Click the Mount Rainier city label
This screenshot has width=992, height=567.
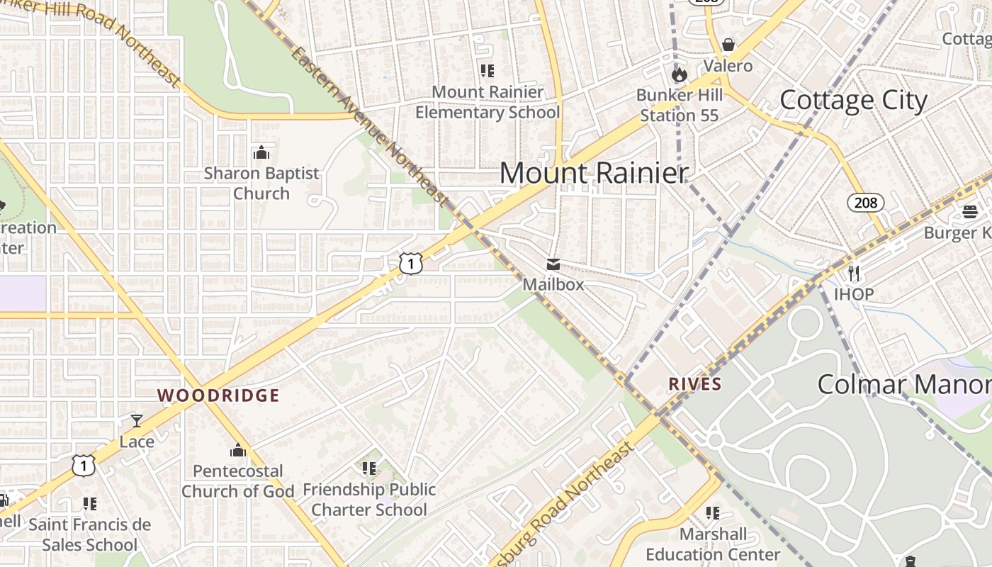tap(594, 173)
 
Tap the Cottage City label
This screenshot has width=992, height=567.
tap(853, 100)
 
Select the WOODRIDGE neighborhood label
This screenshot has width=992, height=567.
tap(218, 395)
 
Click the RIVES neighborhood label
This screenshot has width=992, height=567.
tap(695, 384)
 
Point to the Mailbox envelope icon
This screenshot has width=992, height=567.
tap(553, 264)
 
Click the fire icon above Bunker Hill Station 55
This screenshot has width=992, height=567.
tap(679, 74)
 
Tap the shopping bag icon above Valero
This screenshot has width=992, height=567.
tap(728, 45)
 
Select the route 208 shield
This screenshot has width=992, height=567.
tap(865, 203)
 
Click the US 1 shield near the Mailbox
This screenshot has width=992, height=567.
tap(411, 263)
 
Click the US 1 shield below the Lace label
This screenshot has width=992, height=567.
tap(84, 465)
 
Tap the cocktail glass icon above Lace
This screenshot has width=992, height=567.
tap(137, 421)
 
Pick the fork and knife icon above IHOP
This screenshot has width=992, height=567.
tap(854, 274)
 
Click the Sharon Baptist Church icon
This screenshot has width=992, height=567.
tap(261, 152)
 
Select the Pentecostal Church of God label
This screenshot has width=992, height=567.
tap(238, 481)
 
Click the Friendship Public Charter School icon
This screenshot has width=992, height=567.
tap(368, 468)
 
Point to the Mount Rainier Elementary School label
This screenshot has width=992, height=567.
tap(487, 102)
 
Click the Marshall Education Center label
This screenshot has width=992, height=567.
tap(713, 544)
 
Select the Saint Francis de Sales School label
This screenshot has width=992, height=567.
tap(89, 534)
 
